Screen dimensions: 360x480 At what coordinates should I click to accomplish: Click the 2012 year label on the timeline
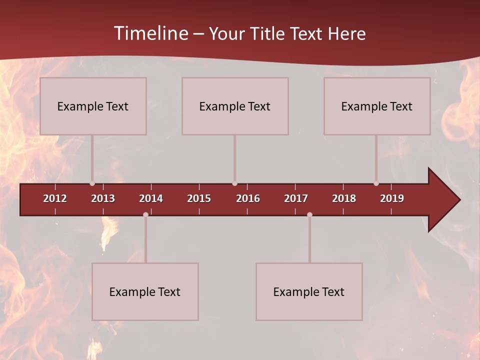55,198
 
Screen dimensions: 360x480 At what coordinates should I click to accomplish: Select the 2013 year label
103,198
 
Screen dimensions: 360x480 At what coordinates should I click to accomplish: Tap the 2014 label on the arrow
151,198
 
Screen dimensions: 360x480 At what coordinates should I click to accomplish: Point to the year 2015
199,198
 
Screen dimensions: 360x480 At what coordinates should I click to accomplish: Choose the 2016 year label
248,198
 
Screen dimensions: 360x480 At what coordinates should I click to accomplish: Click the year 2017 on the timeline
296,198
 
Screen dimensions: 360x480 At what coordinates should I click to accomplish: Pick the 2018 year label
344,198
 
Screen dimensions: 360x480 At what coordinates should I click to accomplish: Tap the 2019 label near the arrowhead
392,198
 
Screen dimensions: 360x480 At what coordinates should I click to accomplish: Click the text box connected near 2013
93,106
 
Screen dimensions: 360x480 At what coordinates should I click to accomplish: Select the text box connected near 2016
235,106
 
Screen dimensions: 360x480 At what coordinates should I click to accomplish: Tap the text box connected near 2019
377,106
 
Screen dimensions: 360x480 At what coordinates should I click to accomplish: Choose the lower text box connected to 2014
145,291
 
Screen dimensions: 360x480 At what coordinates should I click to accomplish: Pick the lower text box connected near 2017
309,291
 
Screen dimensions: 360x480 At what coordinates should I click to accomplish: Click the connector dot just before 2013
92,183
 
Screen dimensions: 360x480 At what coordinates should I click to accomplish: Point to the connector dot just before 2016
234,183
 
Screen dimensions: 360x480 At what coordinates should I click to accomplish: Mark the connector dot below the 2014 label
145,214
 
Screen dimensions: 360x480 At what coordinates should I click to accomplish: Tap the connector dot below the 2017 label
309,214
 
